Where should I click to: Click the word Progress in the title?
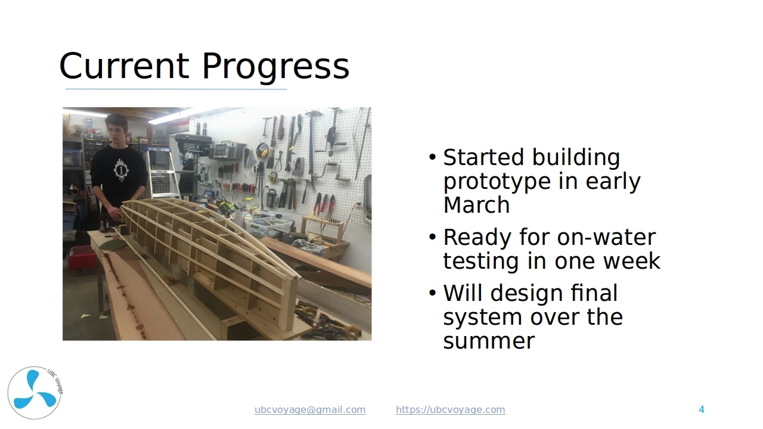[275, 67]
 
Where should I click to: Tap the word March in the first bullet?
[476, 205]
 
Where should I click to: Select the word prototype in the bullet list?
[497, 182]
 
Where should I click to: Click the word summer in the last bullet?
[489, 341]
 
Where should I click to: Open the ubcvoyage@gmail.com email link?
[310, 410]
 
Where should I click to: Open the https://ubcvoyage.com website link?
[450, 410]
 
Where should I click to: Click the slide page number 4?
[702, 409]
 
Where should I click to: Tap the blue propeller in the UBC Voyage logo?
[35, 390]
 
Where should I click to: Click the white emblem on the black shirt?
[120, 170]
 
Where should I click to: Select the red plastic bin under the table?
[82, 259]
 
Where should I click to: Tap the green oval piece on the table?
[113, 244]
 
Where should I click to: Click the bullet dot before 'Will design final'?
[433, 293]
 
